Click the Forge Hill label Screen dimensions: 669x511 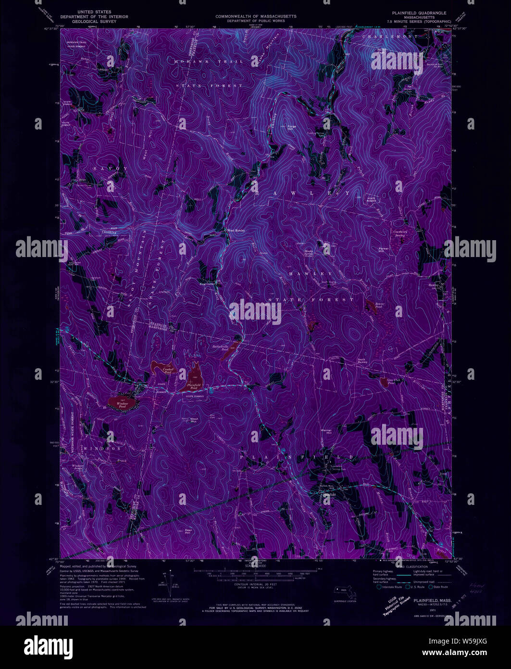point(290,128)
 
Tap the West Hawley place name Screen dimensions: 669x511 point(236,230)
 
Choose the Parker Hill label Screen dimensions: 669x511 point(383,249)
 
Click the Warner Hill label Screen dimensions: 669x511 point(327,432)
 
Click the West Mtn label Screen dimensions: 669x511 point(194,420)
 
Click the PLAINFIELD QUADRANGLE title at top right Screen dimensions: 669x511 point(415,13)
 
